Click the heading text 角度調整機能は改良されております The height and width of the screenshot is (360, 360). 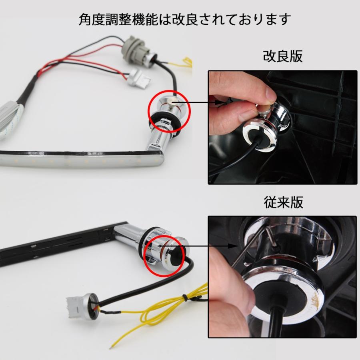pyautogui.click(x=184, y=19)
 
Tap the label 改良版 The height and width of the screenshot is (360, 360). pyautogui.click(x=282, y=56)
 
